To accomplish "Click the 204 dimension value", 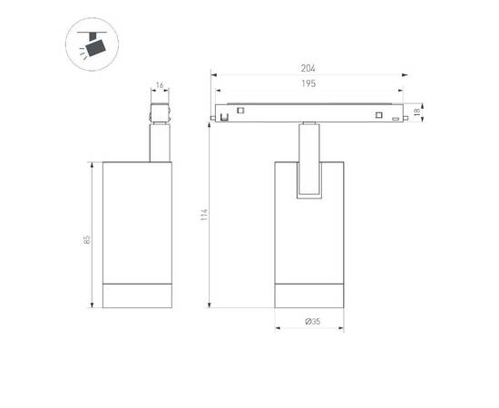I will tap(308, 66).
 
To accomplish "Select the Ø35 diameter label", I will tap(308, 321).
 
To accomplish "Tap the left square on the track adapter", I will tap(240, 112).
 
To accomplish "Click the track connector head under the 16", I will tap(160, 112).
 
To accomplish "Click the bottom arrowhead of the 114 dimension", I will tap(211, 306).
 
